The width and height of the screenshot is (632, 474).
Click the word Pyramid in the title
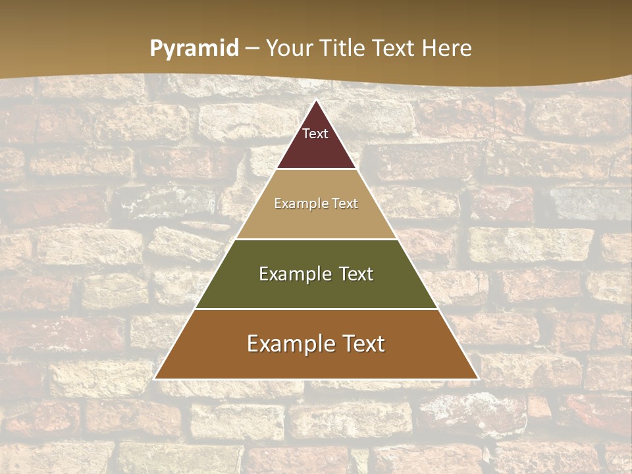(194, 48)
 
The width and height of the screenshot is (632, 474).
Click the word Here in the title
(446, 48)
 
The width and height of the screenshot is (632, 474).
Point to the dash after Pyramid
(252, 49)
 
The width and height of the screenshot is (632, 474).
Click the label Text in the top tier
(315, 134)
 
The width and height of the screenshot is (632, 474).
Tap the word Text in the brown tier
(363, 344)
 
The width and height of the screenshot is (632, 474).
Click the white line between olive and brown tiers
(316, 309)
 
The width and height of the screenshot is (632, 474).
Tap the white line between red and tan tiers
(316, 169)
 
